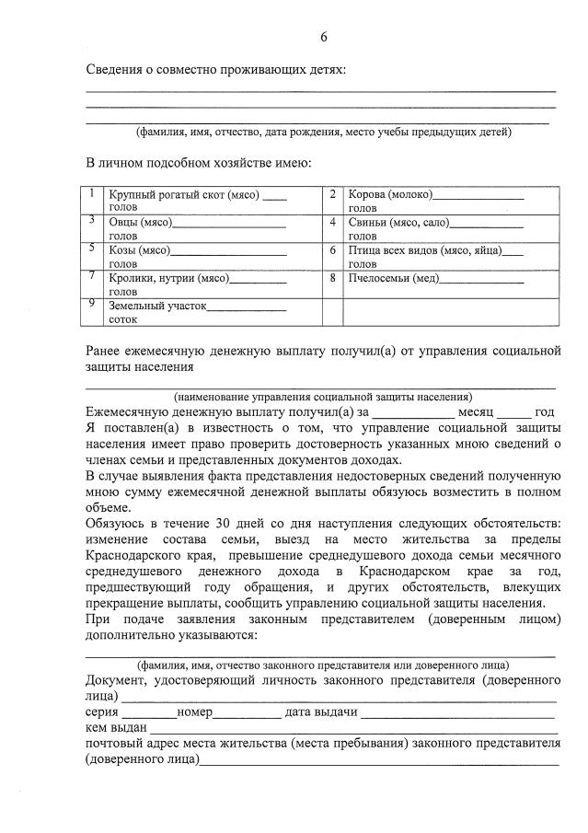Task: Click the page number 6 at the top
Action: tap(324, 37)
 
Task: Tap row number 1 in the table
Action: tap(92, 194)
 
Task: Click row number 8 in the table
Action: tap(332, 277)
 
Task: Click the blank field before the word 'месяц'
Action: tap(414, 413)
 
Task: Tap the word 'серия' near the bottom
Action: tap(102, 712)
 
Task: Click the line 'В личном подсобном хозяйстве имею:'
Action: tap(199, 163)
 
